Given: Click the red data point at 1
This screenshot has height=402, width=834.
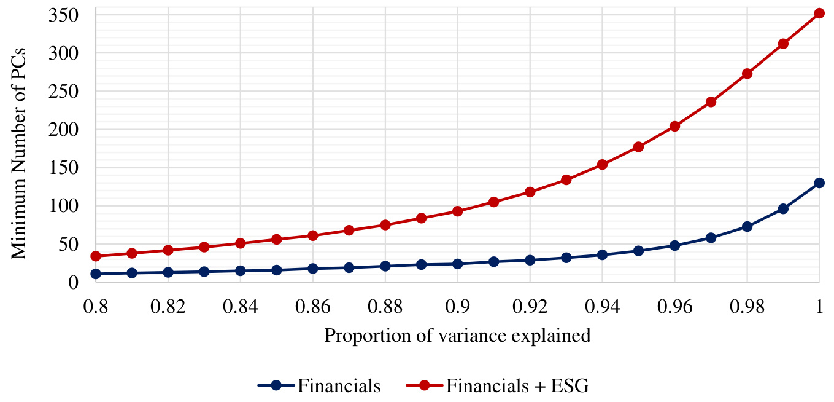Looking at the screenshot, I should click(x=819, y=13).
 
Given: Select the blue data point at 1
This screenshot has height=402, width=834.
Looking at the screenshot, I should click(x=819, y=183).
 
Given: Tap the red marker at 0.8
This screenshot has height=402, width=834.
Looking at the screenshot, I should click(x=95, y=256).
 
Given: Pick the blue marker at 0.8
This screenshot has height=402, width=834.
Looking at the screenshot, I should click(x=95, y=274).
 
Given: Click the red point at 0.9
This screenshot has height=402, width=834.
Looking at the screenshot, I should click(x=457, y=211).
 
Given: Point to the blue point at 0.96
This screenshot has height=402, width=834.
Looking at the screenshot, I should click(x=674, y=245).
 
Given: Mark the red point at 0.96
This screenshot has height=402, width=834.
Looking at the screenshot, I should click(x=674, y=126).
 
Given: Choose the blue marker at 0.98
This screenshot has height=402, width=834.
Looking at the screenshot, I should click(x=747, y=226).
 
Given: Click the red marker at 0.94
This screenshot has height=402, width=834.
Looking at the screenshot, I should click(x=602, y=164).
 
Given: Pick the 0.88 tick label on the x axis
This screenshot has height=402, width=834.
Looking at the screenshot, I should click(x=385, y=307).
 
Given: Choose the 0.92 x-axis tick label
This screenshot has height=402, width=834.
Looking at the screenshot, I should click(x=530, y=307).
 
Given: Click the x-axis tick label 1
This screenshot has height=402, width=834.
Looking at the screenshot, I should click(x=819, y=307).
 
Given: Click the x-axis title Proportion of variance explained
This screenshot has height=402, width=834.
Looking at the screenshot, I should click(x=457, y=336).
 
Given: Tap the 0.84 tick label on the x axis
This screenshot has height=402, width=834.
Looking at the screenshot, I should click(x=240, y=307).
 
